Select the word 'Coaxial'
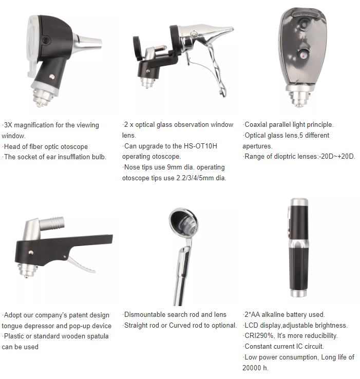pos(256,124)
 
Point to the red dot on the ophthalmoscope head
pos(302,56)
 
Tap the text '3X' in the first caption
pos(8,125)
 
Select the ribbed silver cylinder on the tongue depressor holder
pos(52,223)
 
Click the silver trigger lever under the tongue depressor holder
pos(81,264)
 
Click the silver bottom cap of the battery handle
pos(299,293)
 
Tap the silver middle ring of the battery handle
pos(299,244)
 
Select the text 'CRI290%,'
pos(260,335)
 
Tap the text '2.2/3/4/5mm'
pos(195,178)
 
